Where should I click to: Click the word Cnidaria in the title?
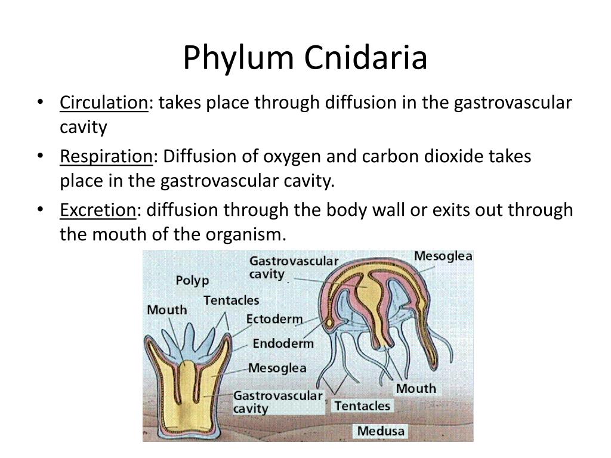tap(366, 58)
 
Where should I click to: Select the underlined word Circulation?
tap(104, 103)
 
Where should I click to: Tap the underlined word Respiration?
tap(106, 157)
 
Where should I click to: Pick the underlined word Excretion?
tap(98, 210)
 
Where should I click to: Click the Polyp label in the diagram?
tap(192, 280)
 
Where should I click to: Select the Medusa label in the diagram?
tap(381, 431)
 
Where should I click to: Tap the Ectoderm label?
tap(274, 319)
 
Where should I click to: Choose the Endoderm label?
tap(283, 343)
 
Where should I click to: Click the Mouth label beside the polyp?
tap(167, 310)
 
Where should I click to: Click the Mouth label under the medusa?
tap(416, 389)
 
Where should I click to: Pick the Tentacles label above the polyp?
tap(231, 301)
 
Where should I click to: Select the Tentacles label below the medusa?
tap(362, 406)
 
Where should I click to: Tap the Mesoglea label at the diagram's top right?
tap(443, 256)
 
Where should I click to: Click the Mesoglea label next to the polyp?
tap(277, 368)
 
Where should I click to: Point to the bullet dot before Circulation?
tap(40, 102)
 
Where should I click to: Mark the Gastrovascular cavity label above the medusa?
tap(294, 268)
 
